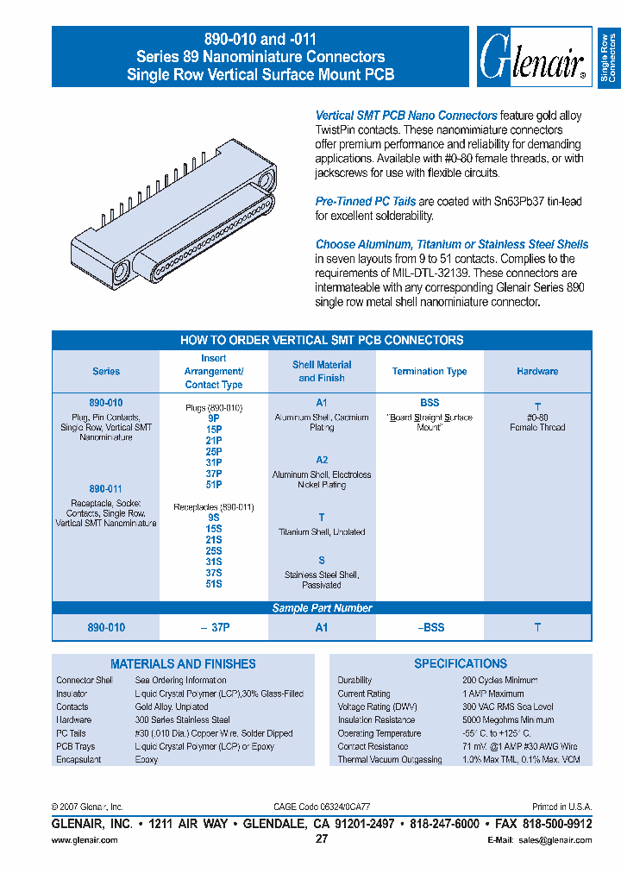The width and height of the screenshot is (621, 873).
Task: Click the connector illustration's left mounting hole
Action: [x=118, y=271]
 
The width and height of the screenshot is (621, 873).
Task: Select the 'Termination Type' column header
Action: [x=429, y=371]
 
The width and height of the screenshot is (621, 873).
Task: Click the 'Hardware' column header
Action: [x=537, y=371]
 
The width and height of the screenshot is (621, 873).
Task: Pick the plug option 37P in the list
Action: [x=214, y=474]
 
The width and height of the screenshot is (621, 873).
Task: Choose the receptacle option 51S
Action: [x=214, y=584]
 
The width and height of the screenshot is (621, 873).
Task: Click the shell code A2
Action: [x=322, y=460]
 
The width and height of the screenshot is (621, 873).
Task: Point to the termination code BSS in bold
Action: [x=430, y=403]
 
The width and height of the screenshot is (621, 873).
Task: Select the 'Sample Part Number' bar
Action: [x=322, y=607]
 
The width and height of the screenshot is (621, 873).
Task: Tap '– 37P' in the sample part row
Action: [x=214, y=627]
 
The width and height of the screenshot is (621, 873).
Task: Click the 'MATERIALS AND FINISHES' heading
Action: [x=183, y=663]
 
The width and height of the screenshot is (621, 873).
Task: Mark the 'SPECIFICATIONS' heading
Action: [x=461, y=663]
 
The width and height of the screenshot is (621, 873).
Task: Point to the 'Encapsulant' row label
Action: [x=78, y=760]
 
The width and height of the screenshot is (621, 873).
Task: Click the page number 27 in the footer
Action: [x=322, y=839]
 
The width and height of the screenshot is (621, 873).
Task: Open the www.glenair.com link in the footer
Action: [x=85, y=839]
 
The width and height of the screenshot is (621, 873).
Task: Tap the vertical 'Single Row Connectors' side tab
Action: [x=607, y=58]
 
